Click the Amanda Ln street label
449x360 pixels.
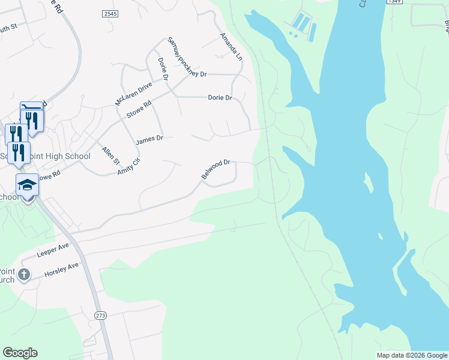[x=231, y=47]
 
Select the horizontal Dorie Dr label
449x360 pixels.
[x=220, y=97]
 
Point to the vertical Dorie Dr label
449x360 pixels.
[x=163, y=68]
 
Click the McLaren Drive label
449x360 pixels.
[x=134, y=95]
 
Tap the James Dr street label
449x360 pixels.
[x=149, y=140]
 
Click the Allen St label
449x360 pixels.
[x=111, y=157]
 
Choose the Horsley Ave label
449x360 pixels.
[x=62, y=269]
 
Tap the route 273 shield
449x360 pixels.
[x=100, y=315]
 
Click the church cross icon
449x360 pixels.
[x=23, y=275]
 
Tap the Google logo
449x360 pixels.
[x=20, y=353]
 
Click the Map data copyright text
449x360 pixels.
[x=412, y=355]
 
